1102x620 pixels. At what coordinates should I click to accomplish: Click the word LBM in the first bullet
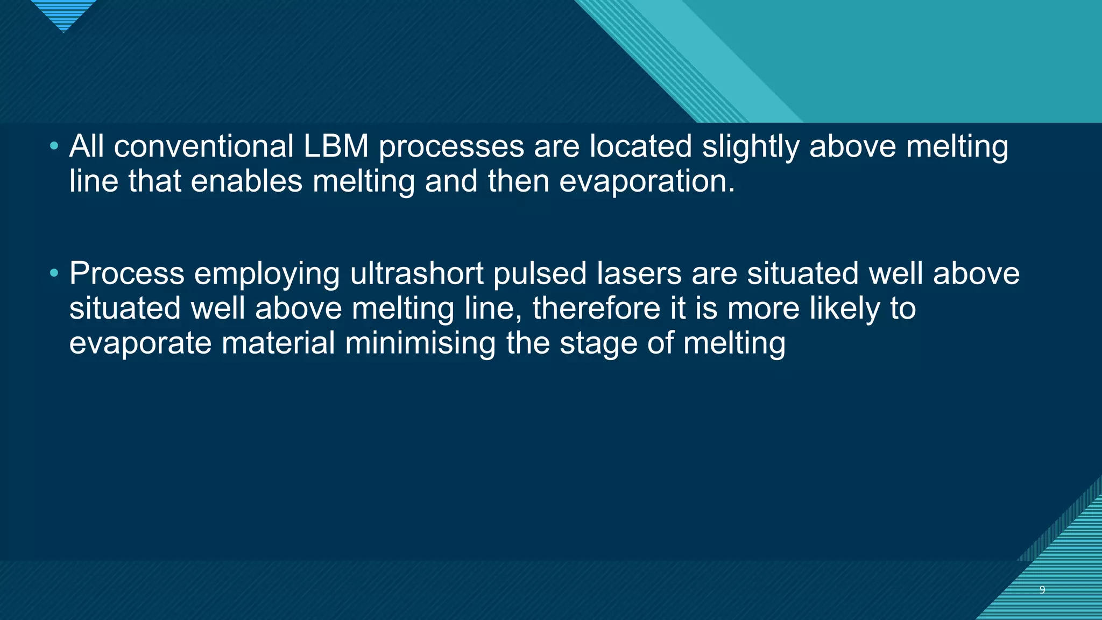point(336,146)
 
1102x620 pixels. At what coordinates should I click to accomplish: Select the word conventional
point(203,146)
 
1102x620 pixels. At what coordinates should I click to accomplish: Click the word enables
point(246,181)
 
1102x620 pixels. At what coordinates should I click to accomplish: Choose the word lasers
point(639,273)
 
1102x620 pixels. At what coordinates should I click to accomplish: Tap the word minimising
point(420,343)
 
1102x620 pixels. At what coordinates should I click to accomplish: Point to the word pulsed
point(540,274)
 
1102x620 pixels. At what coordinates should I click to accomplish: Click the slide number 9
point(1042,590)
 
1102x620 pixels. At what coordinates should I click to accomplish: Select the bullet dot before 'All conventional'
point(54,146)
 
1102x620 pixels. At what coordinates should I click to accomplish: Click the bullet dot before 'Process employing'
point(54,273)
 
